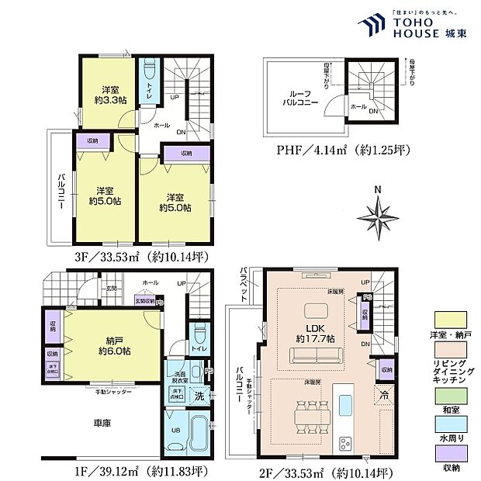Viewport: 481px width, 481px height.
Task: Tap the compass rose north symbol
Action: click(x=376, y=210)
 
